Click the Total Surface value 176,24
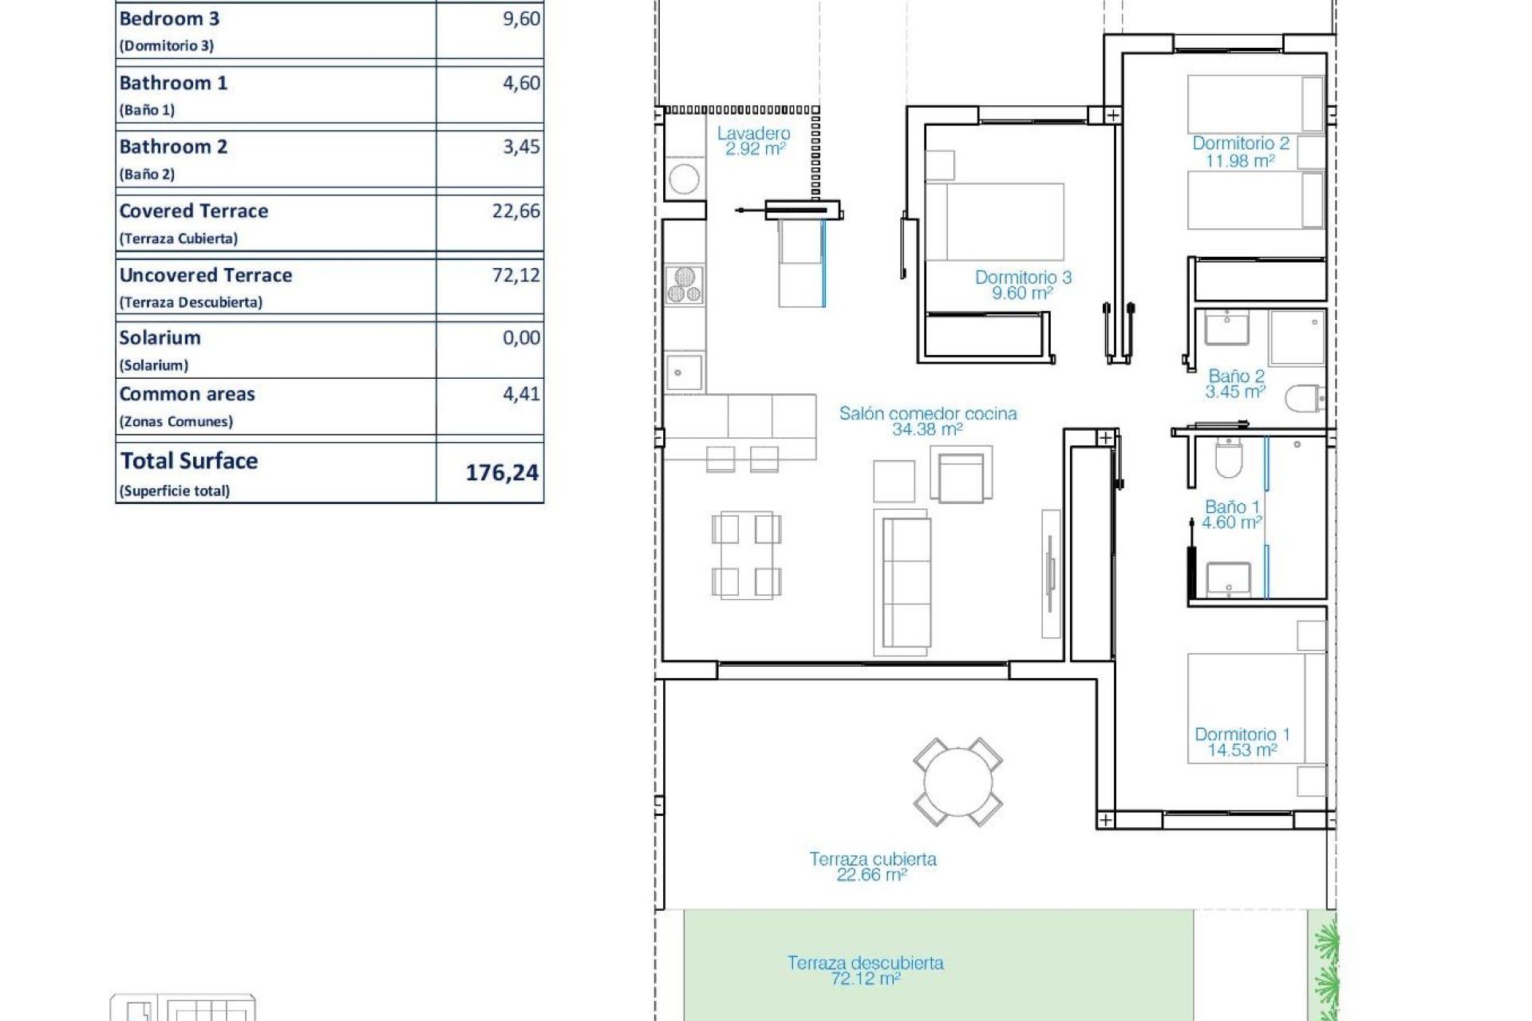[502, 473]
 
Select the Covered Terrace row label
[194, 211]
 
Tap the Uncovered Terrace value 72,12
[515, 275]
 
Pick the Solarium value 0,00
[521, 338]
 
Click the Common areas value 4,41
[521, 394]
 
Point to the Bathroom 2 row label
[173, 148]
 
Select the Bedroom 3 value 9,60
[521, 19]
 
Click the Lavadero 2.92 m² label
[753, 141]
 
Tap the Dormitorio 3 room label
[1023, 285]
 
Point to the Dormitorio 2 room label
[1240, 152]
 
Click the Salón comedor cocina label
[927, 420]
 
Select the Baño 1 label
[1231, 514]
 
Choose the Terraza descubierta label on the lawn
[865, 970]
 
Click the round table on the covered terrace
[958, 782]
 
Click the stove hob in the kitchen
[685, 286]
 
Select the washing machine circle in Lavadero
[684, 179]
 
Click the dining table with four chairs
[746, 556]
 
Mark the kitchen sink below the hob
[684, 373]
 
